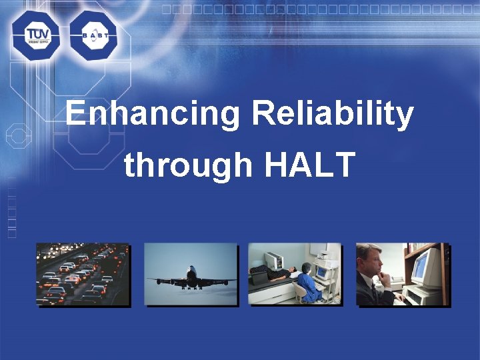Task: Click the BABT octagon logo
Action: tap(93, 35)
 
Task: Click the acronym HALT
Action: tap(309, 165)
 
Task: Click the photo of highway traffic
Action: tap(83, 274)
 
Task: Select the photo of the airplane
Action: tap(191, 274)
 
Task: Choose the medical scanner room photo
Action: tap(294, 274)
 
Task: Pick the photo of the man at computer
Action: tap(402, 274)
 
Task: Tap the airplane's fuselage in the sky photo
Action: tap(192, 277)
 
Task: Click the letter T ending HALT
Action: tap(343, 165)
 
